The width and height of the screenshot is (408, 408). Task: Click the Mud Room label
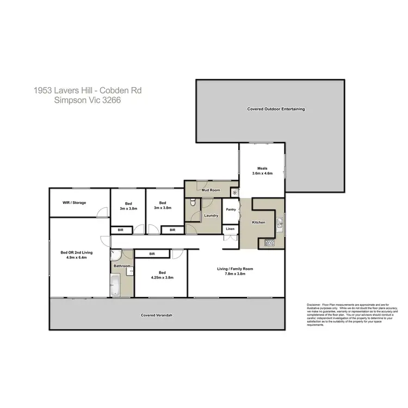coord(211,190)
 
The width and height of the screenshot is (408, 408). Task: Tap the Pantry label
coord(230,209)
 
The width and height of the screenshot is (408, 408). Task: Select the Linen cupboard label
coord(230,229)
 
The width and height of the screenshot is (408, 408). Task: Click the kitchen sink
coord(279,222)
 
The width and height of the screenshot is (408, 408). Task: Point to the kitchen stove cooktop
coord(269,243)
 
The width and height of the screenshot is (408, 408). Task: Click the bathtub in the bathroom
coord(115,285)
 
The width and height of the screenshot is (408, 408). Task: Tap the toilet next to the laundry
coord(193,203)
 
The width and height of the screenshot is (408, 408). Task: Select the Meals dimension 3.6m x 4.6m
coord(262,174)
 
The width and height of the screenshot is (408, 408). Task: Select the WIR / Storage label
coord(74,203)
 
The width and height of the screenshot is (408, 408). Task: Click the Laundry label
coord(211,215)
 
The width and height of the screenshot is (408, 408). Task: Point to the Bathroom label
coord(122,266)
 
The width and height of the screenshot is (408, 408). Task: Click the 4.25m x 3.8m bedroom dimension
coord(162,277)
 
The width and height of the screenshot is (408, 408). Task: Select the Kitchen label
coord(258,223)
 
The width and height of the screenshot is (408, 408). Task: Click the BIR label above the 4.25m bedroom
coord(152,254)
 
